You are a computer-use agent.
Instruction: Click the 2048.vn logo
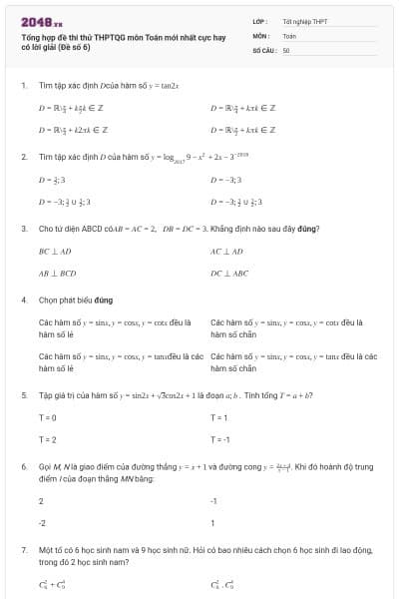41,22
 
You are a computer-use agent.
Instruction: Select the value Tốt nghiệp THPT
304,20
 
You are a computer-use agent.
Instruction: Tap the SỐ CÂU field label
263,49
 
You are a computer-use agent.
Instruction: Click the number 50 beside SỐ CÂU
286,49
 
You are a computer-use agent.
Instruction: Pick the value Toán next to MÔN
289,35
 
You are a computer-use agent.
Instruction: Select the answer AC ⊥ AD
226,252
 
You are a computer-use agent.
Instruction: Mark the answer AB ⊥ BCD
58,272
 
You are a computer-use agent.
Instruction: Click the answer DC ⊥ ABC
228,272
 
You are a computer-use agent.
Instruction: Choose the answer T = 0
47,417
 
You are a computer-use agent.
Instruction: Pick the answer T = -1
220,439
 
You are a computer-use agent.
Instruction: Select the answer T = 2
47,439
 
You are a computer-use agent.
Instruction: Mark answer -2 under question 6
42,522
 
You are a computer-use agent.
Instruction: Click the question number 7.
23,550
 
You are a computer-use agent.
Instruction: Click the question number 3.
23,229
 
